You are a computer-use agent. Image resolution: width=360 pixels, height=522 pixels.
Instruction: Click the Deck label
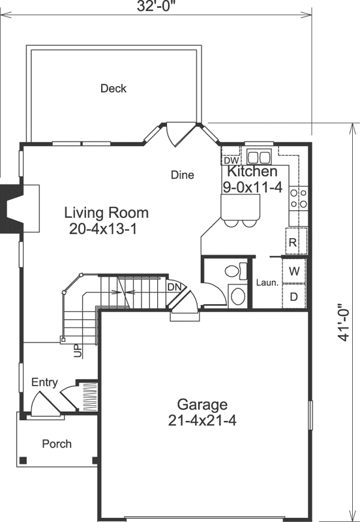[113, 88]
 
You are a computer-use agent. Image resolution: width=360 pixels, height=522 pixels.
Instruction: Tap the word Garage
[202, 404]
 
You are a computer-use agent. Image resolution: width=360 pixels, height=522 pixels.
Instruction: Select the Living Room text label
[106, 213]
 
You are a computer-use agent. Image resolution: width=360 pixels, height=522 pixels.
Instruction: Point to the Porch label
[57, 444]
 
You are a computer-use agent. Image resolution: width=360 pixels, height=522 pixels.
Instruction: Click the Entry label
[44, 382]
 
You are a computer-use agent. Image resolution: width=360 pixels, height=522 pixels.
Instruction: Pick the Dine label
[183, 175]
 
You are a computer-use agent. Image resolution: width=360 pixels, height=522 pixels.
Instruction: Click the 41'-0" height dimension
[343, 324]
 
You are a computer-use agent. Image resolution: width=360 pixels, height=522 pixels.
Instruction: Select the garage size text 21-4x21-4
[202, 420]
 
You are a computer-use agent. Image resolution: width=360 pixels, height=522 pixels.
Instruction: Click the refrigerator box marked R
[293, 242]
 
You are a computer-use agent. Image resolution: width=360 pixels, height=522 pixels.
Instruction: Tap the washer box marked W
[294, 270]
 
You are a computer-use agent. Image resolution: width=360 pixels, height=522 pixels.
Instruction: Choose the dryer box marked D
[294, 296]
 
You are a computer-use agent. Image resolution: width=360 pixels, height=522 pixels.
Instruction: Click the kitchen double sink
[258, 157]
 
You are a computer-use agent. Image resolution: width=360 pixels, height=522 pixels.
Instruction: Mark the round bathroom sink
[237, 297]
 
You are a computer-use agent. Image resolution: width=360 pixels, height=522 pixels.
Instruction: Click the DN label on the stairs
[174, 286]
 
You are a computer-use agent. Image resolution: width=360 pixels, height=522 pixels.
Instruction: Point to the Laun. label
[267, 283]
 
